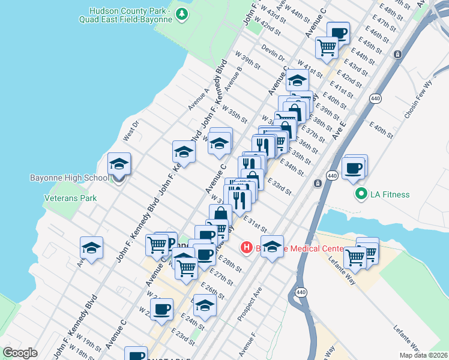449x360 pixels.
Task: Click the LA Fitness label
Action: click(x=390, y=194)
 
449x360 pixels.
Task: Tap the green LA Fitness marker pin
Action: click(x=361, y=194)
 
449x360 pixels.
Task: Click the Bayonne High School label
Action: click(x=70, y=178)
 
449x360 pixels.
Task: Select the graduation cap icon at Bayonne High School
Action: click(x=119, y=164)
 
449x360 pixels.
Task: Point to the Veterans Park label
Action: click(x=70, y=198)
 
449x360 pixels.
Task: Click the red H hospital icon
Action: click(x=246, y=247)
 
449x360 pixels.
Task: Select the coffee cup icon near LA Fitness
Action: click(x=353, y=168)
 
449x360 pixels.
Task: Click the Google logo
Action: click(x=20, y=353)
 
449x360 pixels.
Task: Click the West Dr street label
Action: click(x=131, y=130)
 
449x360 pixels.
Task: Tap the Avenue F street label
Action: click(x=248, y=343)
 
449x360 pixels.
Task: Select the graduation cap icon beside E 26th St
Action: click(x=205, y=305)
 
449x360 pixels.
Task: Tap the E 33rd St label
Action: click(x=279, y=187)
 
